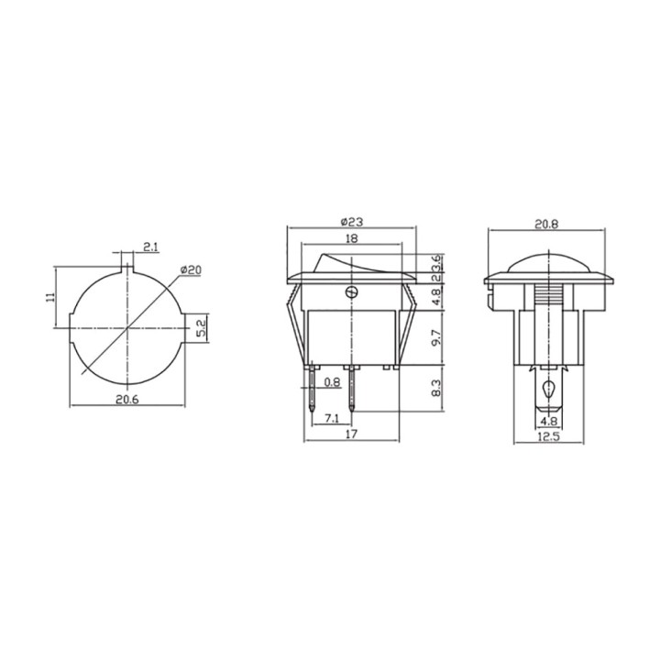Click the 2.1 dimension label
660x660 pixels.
(150, 247)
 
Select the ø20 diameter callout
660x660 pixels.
(191, 269)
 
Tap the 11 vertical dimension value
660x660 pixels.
(50, 297)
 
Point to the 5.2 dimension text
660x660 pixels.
(201, 328)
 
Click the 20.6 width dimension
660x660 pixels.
(127, 399)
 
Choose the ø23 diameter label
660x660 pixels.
(351, 222)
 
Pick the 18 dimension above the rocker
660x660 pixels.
(351, 238)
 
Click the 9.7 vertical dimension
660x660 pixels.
(436, 337)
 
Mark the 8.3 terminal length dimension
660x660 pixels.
(436, 388)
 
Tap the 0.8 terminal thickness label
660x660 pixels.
(332, 382)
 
